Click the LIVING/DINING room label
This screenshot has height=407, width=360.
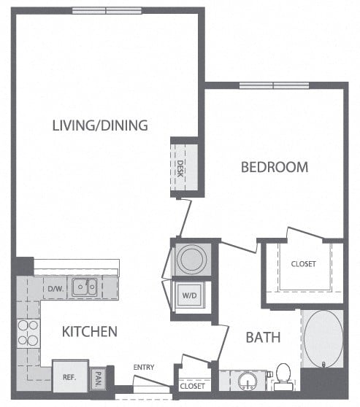[x=100, y=125]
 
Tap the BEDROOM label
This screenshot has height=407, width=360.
[x=275, y=167]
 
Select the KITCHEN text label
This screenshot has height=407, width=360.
[x=90, y=332]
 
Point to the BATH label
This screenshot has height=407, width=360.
[x=263, y=338]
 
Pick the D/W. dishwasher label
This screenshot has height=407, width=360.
[x=55, y=288]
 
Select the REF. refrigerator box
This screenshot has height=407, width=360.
[x=69, y=377]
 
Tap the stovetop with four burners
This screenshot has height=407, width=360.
[x=28, y=333]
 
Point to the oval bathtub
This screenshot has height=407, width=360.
[x=323, y=338]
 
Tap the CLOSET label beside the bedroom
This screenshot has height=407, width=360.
[x=303, y=264]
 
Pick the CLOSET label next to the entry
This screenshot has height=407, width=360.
[x=192, y=386]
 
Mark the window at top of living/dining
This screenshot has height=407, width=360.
[x=107, y=10]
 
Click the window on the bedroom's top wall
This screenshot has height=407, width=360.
[x=273, y=85]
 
